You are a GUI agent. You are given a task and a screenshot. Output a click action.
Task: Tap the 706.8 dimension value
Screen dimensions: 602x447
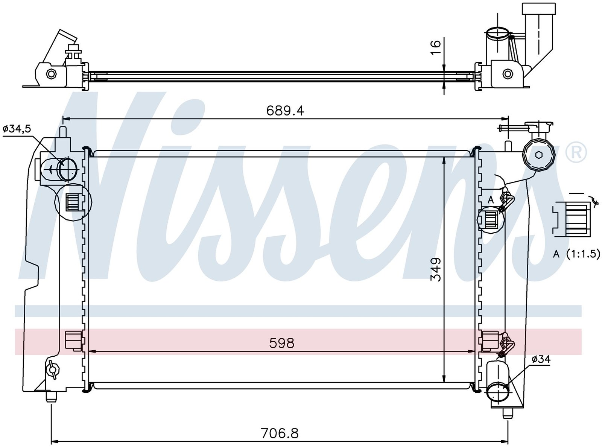pyautogui.click(x=280, y=433)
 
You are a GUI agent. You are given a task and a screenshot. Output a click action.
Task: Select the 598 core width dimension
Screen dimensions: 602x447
pyautogui.click(x=282, y=343)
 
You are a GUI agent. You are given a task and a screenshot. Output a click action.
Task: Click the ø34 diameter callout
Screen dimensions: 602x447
pyautogui.click(x=541, y=359)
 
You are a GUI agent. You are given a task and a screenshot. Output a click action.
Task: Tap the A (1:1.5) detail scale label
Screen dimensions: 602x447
pyautogui.click(x=576, y=254)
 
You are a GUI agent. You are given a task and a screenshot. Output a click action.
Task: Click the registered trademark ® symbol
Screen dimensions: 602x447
pyautogui.click(x=576, y=152)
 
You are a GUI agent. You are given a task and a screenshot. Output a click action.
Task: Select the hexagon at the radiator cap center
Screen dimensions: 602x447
pyautogui.click(x=539, y=155)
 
